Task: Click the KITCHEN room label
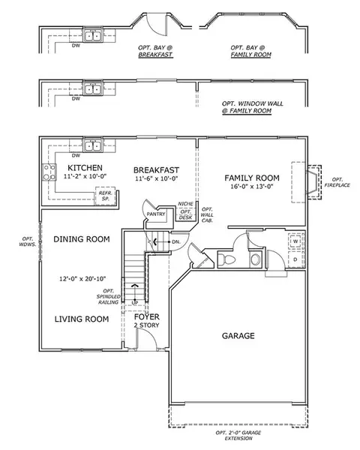click(85, 167)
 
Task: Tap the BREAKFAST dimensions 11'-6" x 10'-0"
click(157, 178)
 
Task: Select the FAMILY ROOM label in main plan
click(252, 178)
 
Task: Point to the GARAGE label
click(238, 335)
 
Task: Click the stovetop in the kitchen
click(49, 172)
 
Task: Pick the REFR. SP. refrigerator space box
click(106, 196)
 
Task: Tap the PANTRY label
click(156, 214)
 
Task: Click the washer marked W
click(295, 241)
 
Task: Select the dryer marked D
click(295, 259)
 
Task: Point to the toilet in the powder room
click(226, 259)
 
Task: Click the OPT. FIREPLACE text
click(337, 182)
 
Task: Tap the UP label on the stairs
click(135, 303)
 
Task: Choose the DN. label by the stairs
click(176, 242)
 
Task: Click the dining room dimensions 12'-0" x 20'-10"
click(82, 279)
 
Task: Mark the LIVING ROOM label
click(82, 319)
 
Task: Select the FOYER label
click(147, 316)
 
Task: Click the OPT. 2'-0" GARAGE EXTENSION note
click(238, 435)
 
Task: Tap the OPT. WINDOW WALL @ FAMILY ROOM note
click(252, 107)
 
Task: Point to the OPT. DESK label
click(185, 214)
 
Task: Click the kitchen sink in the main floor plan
click(92, 146)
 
